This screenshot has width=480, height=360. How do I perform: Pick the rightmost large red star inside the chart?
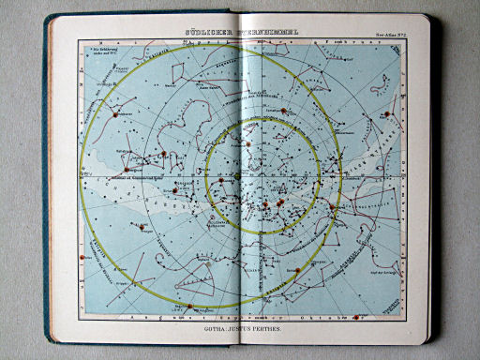(x=331, y=208)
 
